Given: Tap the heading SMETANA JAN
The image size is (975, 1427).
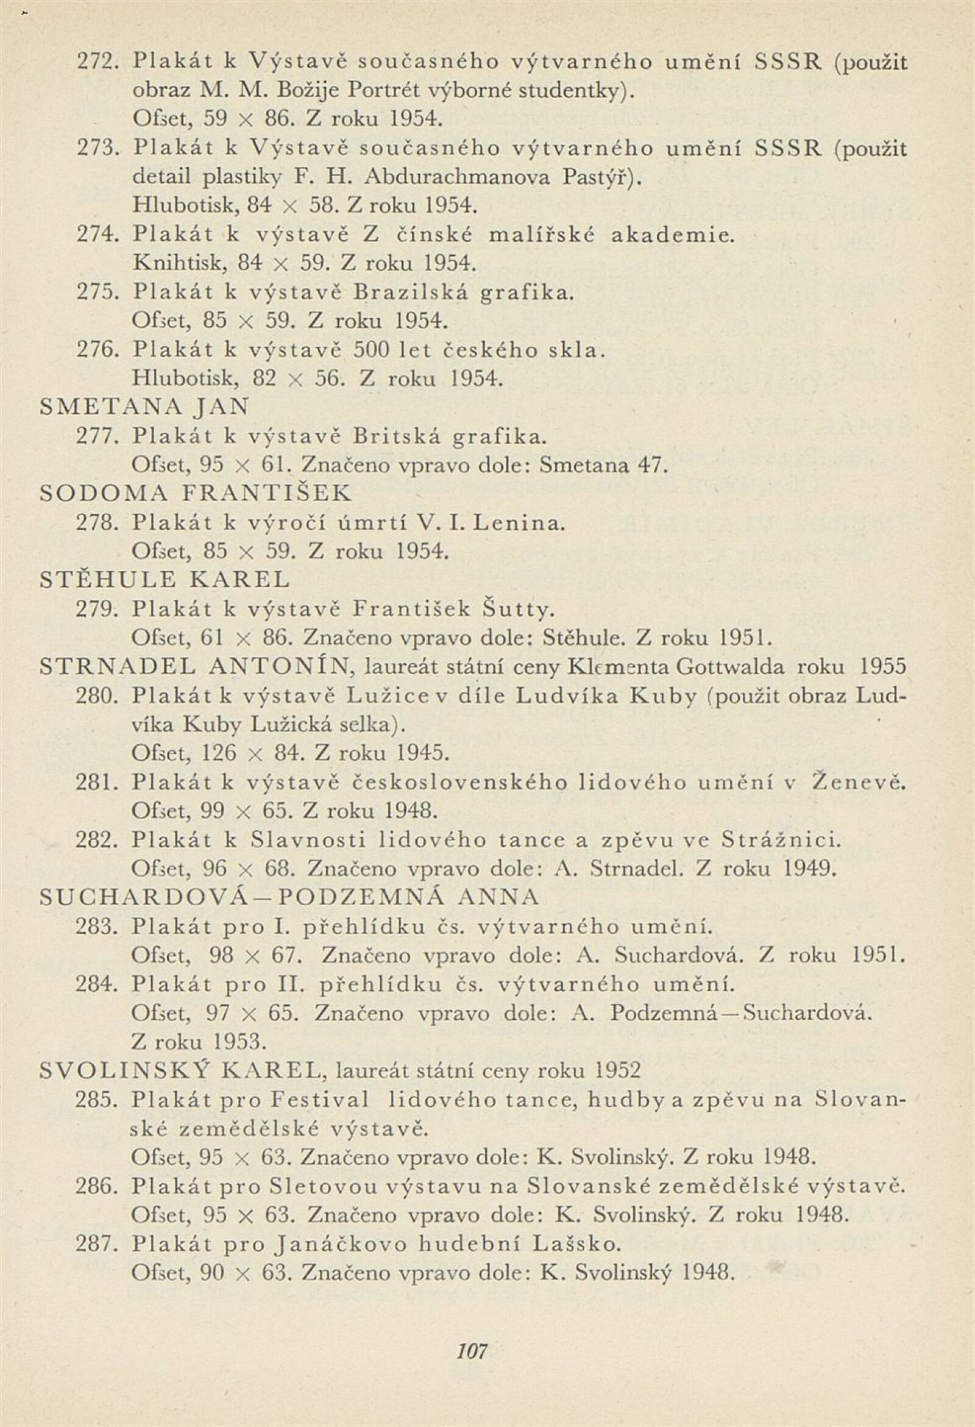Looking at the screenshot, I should (x=144, y=407).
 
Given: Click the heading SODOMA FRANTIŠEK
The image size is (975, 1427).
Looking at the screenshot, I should (x=195, y=493).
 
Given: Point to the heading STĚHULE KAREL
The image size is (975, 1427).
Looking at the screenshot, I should (x=164, y=580).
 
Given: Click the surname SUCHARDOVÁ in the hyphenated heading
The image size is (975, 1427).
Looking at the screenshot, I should (x=143, y=898).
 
